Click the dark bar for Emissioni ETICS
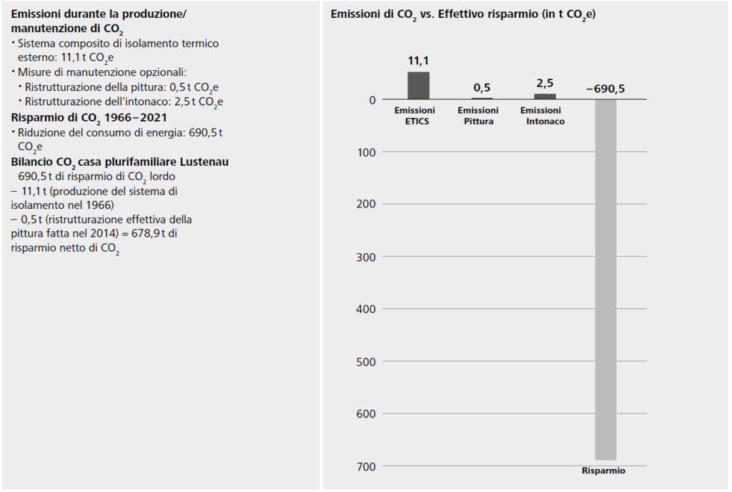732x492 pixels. (x=418, y=86)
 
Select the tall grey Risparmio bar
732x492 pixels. (x=605, y=279)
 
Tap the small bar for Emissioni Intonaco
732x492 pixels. (x=545, y=97)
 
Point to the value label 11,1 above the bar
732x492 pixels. (x=418, y=62)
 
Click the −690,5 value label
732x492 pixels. (x=605, y=89)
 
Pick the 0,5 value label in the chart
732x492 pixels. (x=482, y=88)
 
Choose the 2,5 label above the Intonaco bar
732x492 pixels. (x=545, y=83)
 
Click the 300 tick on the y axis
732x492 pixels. (x=366, y=256)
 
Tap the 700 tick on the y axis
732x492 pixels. (x=366, y=466)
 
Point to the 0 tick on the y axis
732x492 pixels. (x=372, y=99)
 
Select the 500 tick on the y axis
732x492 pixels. (x=366, y=361)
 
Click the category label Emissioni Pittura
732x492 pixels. (x=478, y=116)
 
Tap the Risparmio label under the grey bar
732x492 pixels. (x=603, y=471)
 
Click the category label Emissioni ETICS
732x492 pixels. (x=415, y=116)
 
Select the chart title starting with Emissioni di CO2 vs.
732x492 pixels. (x=463, y=15)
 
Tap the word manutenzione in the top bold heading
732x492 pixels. (x=44, y=29)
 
